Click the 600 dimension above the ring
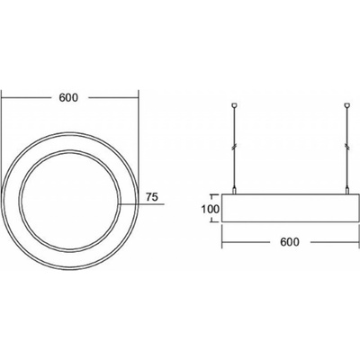[x=68, y=98]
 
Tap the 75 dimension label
[x=152, y=197]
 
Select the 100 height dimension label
[x=211, y=209]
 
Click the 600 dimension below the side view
[x=290, y=242]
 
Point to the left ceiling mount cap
[x=235, y=105]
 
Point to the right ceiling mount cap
[x=347, y=105]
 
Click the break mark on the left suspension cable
[x=235, y=147]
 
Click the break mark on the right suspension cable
[x=347, y=147]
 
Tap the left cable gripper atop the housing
[x=235, y=191]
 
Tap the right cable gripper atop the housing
[x=347, y=191]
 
